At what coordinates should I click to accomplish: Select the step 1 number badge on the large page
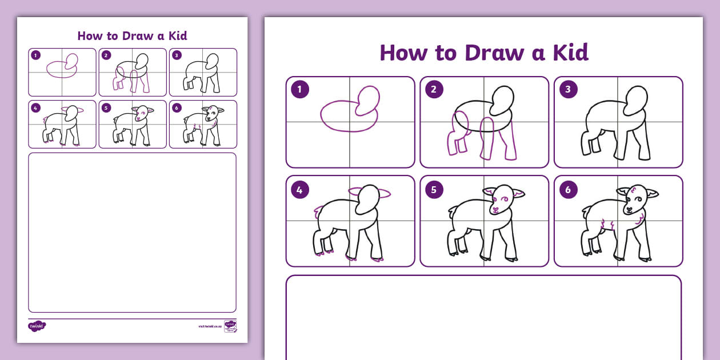coord(299,90)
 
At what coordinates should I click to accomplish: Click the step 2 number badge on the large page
coord(434,90)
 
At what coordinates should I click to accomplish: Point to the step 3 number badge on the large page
coord(568,90)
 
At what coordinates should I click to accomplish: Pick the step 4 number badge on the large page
coord(299,189)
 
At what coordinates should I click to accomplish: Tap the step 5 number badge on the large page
coord(434,189)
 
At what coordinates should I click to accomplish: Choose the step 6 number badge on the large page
coord(568,189)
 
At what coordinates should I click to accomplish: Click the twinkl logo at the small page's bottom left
coord(37,326)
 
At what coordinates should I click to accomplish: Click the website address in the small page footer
coord(210,327)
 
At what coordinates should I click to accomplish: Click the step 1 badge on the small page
coord(36,55)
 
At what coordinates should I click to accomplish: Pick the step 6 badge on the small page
coord(177,107)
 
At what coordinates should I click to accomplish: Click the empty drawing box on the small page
coord(132,232)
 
